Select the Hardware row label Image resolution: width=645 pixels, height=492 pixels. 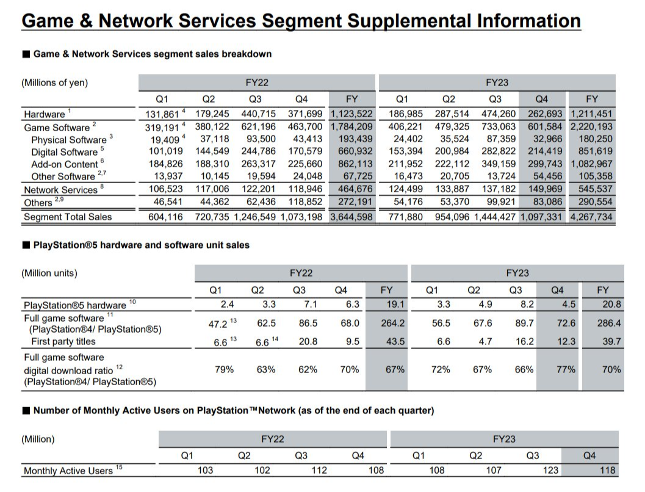pos(44,114)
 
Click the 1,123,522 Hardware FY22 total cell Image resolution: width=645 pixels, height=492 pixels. pos(351,114)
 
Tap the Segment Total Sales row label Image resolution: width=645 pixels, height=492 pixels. pos(68,217)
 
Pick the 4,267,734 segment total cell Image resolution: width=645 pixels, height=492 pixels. pos(591,217)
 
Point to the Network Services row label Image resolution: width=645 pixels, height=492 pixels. pos(60,190)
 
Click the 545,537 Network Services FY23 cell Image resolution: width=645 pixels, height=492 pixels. pos(595,189)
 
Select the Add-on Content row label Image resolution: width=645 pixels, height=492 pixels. pos(65,164)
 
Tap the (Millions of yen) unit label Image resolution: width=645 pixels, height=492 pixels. pos(55,83)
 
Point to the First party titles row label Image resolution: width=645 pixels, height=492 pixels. pos(63,342)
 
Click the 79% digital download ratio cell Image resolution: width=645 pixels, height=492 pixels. pos(225,369)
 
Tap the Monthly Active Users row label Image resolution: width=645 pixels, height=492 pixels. pos(68,471)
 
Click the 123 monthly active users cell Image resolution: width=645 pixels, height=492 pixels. pos(550,470)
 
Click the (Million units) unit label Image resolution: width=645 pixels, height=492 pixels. pos(49,273)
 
